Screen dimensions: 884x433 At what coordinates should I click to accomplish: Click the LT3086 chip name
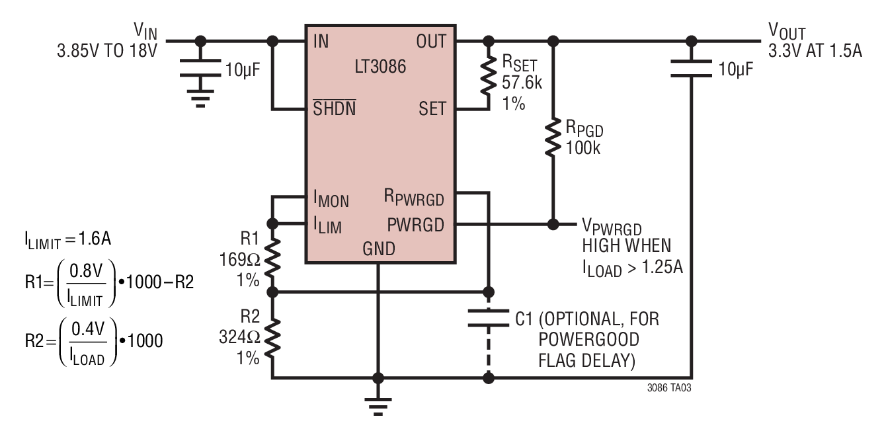click(380, 66)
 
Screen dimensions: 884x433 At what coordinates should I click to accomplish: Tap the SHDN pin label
click(335, 108)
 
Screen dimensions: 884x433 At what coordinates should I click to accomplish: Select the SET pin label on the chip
click(432, 108)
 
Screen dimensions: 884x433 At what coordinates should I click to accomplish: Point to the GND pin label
click(379, 249)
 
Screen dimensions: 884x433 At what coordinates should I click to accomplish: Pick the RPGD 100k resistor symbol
click(553, 137)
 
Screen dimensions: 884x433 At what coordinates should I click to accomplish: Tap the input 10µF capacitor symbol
click(200, 68)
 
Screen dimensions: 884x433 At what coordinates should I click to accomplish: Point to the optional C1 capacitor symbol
click(489, 319)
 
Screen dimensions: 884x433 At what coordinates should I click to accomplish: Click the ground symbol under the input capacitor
click(200, 98)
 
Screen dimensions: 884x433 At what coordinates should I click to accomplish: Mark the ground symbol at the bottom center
click(378, 407)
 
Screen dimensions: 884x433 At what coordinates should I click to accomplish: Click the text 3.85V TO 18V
click(107, 51)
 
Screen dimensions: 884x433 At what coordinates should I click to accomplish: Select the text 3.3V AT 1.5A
click(815, 50)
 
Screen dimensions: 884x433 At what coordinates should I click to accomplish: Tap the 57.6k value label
click(522, 83)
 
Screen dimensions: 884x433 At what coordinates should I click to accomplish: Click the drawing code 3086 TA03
click(669, 388)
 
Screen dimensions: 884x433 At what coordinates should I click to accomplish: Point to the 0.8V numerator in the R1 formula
click(86, 271)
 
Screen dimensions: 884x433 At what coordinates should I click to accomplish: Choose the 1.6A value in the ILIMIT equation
click(95, 239)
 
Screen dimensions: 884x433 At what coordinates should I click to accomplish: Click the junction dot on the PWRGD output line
click(553, 224)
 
